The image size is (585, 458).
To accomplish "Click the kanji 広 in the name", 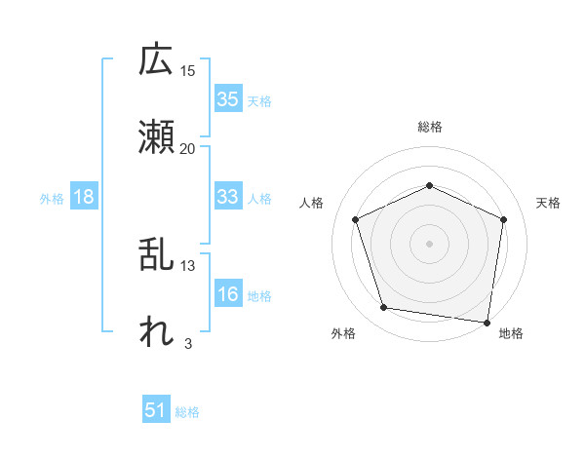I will point(156,60).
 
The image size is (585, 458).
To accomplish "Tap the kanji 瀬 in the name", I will point(156,137).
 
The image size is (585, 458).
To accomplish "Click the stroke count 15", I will point(188,70).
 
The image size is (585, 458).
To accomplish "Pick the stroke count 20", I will point(188,148).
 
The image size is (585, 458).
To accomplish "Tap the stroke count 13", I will point(188,265).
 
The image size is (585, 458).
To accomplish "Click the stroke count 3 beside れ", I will point(187,343).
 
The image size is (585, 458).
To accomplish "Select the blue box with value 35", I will point(228,98).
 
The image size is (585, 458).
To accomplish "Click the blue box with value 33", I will point(228,197).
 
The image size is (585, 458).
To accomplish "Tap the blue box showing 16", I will point(228,294).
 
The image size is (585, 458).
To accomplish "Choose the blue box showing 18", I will point(84,197).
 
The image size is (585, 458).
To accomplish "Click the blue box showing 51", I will point(156,410).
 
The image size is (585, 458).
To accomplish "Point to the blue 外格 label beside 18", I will point(52,198).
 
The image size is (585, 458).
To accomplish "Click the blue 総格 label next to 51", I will point(187,411).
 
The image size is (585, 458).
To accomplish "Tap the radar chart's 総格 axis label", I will point(429,127).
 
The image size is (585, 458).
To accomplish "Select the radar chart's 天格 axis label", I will point(549,203).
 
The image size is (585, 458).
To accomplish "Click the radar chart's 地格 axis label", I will point(511,333).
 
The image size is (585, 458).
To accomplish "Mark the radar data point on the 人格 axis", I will point(356,218).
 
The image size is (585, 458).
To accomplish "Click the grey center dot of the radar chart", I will point(429,243).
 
